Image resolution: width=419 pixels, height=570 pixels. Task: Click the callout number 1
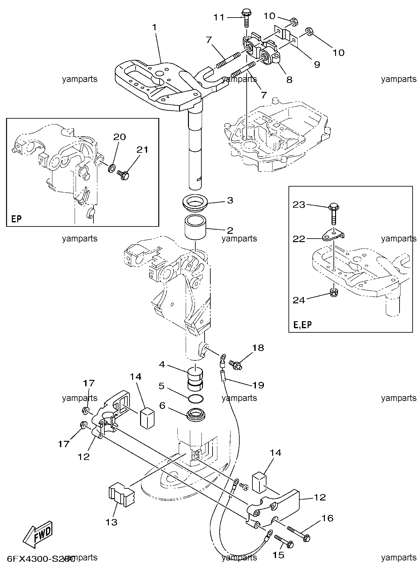154,28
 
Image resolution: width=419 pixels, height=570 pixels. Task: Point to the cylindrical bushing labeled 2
195,227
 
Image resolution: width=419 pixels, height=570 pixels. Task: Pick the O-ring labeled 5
195,398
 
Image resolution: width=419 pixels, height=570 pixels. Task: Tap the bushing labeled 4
195,379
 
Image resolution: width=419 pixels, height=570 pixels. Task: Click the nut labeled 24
333,292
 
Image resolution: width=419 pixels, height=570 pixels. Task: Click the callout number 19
258,385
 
